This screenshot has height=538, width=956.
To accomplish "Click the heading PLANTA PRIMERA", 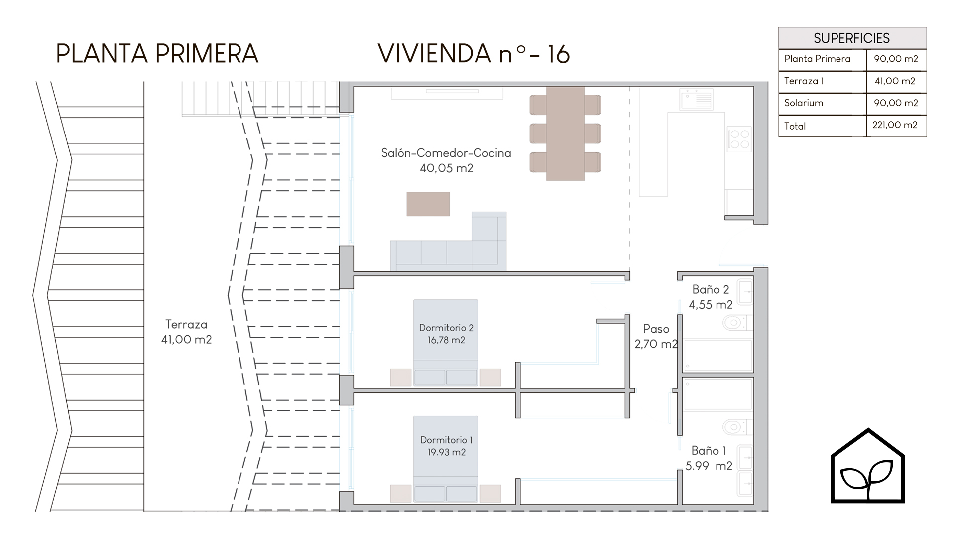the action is pos(157,54).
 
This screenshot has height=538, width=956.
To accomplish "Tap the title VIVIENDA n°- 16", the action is pos(474,54).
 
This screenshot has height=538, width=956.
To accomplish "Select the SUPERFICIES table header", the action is pos(852,38).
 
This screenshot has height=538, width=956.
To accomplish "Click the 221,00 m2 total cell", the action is pos(895,125).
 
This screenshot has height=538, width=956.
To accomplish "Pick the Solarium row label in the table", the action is pos(804,103).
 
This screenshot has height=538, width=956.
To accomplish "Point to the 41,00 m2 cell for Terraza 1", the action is pos(895,81).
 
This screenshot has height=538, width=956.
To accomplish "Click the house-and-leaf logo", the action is pos(868,466).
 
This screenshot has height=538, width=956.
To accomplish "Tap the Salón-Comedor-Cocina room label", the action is pos(446,153).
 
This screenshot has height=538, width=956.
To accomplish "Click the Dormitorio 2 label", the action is pos(446,328).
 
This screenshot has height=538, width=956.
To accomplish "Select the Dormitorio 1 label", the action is pos(447,440).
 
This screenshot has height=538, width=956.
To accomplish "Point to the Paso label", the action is pos(656,329).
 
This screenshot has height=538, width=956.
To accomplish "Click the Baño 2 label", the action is pos(711,289).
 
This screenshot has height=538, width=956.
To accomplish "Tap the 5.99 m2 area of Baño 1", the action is pos(709,466).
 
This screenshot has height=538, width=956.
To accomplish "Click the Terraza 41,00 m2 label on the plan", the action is pos(186,332).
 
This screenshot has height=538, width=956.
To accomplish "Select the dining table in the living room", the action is pos(565,134).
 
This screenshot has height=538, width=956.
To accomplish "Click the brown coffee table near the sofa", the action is pos(428,204).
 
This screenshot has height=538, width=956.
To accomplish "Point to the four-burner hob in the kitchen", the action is pos(739,139).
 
